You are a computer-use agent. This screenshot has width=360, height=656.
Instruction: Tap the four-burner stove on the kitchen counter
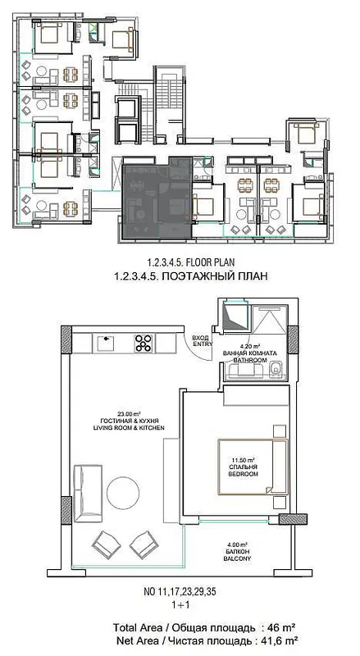click(x=144, y=343)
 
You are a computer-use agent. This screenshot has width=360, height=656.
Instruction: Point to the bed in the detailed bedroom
click(x=253, y=466)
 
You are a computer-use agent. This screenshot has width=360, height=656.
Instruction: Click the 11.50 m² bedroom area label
click(x=243, y=458)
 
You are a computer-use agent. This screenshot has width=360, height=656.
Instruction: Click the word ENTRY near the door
click(x=203, y=344)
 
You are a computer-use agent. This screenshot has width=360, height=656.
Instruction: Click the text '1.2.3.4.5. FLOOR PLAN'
click(x=190, y=262)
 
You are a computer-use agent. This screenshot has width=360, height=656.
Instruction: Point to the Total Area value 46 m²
click(x=284, y=628)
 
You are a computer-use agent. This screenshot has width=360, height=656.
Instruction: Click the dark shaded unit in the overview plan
click(x=157, y=198)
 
